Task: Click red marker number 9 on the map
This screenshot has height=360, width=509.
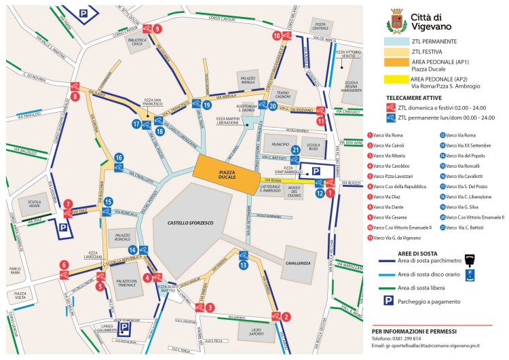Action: (157, 29)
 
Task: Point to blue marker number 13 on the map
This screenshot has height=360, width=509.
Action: (244, 266)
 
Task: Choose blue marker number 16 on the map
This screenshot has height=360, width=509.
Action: (119, 158)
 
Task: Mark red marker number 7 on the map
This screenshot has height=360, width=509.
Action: (68, 202)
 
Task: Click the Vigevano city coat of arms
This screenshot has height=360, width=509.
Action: (394, 21)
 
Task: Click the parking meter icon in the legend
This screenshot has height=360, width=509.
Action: (469, 259)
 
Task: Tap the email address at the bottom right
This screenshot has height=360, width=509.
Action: (436, 346)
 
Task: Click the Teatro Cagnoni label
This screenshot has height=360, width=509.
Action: (282, 93)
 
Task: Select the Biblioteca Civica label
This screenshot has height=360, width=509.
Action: (136, 43)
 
